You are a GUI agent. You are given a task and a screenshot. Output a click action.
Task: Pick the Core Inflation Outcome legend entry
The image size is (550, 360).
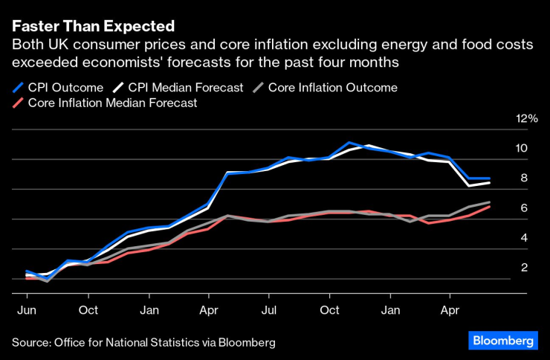[332, 88]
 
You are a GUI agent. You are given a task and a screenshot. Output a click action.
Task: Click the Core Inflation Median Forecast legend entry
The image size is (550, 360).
[111, 103]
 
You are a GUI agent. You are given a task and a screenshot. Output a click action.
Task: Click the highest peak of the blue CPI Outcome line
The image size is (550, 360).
[348, 141]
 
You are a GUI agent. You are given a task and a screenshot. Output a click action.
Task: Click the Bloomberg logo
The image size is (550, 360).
[502, 341]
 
